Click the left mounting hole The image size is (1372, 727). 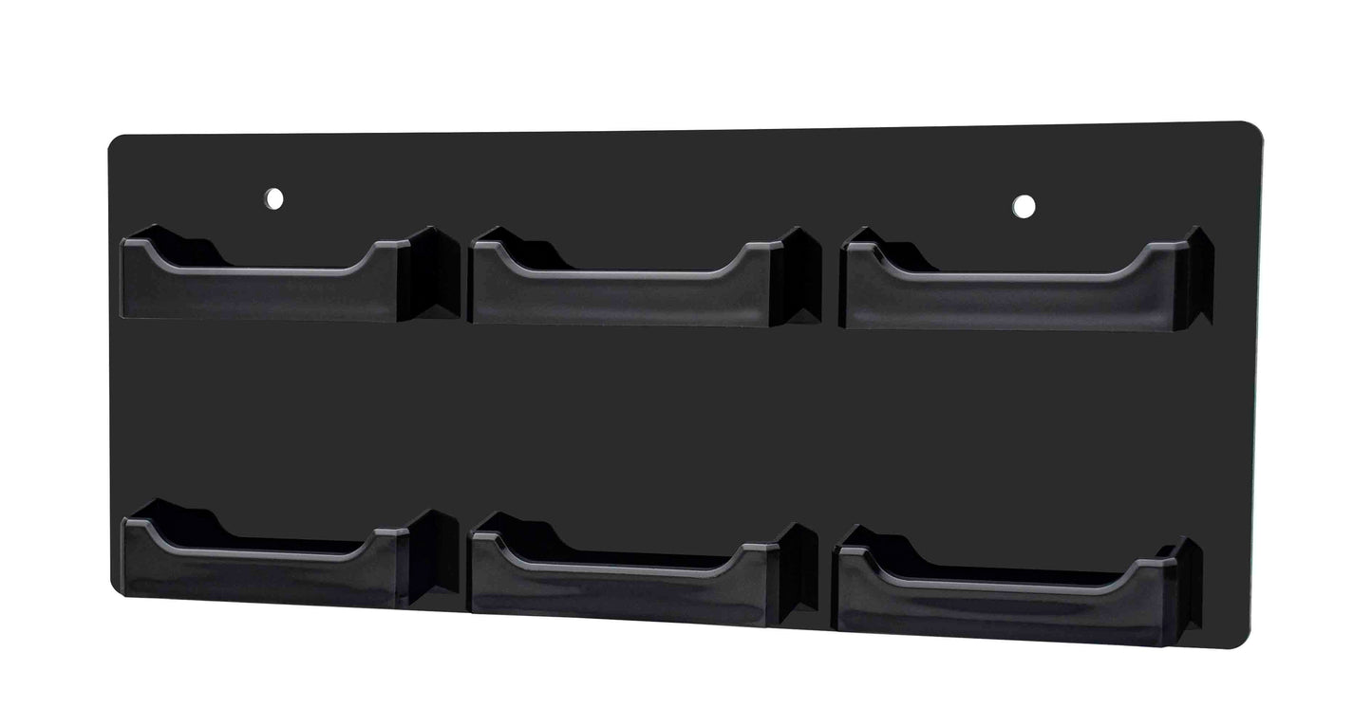[273, 199]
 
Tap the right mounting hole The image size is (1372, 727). [1024, 205]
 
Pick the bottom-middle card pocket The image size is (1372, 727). [622, 584]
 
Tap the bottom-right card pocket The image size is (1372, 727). [1002, 598]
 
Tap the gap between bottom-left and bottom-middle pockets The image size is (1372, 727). [464, 569]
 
